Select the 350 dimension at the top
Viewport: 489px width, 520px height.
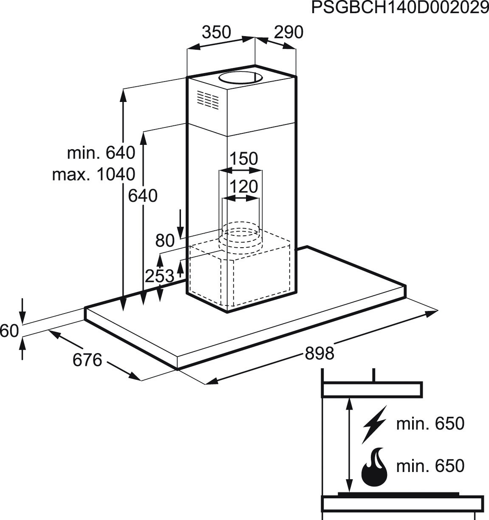(x=217, y=32)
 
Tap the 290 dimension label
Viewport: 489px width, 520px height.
(x=288, y=32)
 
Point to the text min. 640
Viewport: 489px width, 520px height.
(x=101, y=153)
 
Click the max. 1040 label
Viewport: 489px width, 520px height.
(x=94, y=174)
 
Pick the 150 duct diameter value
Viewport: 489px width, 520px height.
(x=244, y=158)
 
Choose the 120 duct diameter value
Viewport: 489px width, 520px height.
(x=244, y=187)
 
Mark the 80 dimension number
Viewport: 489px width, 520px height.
(x=165, y=240)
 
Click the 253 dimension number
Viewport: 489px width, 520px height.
(x=159, y=276)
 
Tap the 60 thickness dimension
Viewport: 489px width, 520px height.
(x=9, y=331)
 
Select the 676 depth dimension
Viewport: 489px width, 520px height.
(x=87, y=360)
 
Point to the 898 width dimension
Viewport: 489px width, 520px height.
(x=319, y=353)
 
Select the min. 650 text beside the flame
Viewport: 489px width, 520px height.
(x=430, y=466)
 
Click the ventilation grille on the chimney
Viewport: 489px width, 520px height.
(x=208, y=100)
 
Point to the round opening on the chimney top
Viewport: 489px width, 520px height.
(x=240, y=78)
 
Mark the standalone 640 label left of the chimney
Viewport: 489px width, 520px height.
(x=143, y=195)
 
